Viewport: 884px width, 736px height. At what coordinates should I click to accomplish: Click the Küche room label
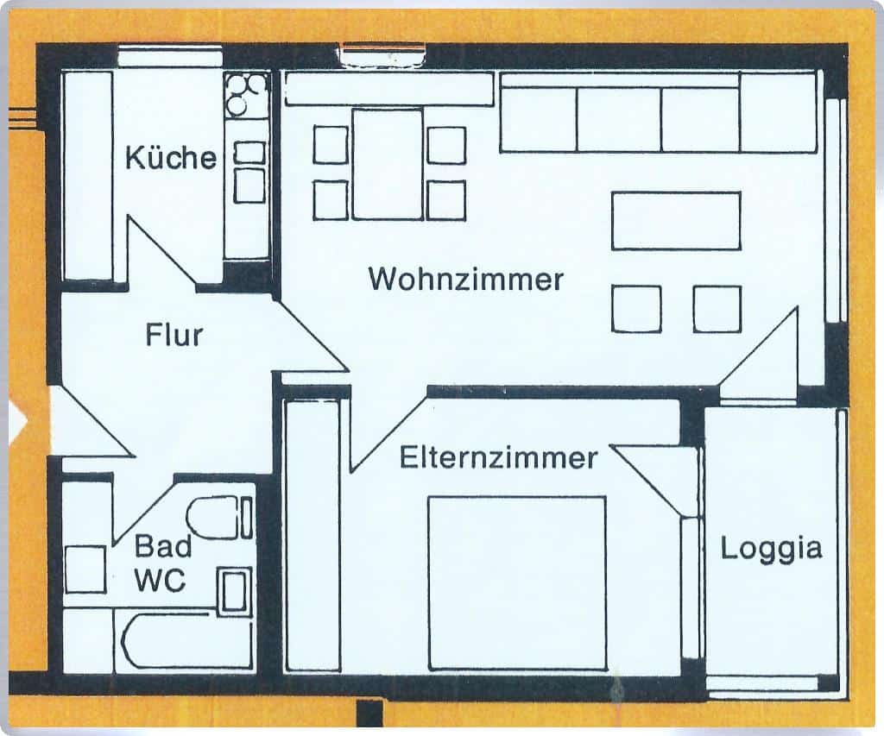[171, 157]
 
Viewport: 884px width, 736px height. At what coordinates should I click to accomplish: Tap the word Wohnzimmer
[465, 279]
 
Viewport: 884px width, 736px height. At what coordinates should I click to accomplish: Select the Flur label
[174, 335]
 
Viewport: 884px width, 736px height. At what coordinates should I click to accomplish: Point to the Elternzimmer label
[498, 457]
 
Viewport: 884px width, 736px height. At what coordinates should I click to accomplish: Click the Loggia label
[771, 550]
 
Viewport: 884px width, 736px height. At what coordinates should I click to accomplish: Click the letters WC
[160, 580]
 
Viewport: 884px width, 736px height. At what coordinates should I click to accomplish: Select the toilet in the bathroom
[219, 518]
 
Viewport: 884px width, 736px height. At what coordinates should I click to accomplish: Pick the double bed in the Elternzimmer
[517, 582]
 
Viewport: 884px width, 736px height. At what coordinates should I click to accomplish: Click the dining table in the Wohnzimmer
[388, 164]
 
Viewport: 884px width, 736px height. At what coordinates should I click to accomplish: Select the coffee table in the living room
[676, 221]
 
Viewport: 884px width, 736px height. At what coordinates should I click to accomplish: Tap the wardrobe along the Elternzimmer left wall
[313, 535]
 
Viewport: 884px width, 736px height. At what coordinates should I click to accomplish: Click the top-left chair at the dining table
[331, 145]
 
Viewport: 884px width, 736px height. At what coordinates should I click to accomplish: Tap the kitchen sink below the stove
[249, 172]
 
